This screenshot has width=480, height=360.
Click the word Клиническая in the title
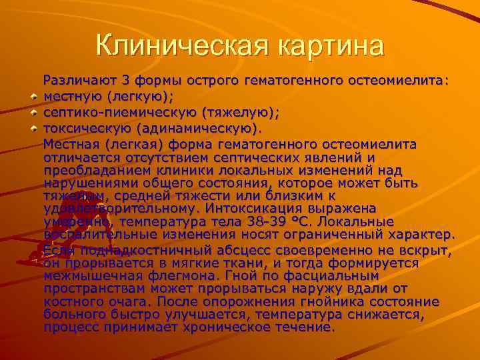[x=175, y=46]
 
